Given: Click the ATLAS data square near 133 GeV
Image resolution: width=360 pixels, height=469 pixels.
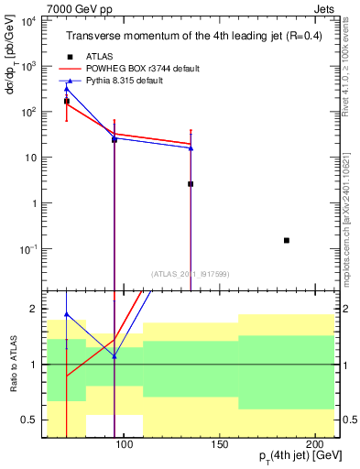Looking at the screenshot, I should tap(191, 184).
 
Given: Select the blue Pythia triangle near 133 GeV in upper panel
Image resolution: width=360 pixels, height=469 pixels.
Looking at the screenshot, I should tap(191, 147).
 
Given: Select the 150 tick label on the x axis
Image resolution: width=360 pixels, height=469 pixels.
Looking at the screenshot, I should tap(218, 443).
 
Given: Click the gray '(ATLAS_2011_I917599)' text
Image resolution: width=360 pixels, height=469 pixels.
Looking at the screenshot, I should tap(189, 273).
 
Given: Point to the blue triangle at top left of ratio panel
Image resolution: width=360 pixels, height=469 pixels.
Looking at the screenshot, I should tap(67, 314).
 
